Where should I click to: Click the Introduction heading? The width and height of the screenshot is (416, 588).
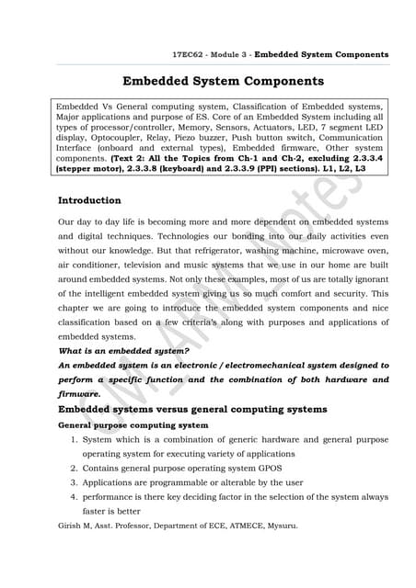click(89, 200)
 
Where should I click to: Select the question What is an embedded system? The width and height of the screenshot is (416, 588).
click(124, 351)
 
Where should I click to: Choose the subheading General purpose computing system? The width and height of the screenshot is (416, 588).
click(133, 425)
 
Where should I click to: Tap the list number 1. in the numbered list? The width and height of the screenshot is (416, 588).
click(75, 440)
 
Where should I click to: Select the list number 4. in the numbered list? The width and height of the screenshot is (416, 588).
click(75, 497)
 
